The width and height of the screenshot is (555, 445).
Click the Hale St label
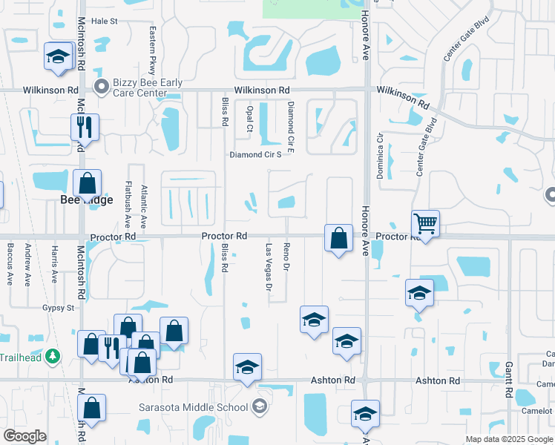coord(105,22)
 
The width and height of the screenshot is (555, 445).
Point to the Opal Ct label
coord(249,118)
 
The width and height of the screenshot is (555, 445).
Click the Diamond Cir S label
coord(255,155)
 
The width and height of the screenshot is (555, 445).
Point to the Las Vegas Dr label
coord(269,266)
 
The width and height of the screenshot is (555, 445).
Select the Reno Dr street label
coord(286,255)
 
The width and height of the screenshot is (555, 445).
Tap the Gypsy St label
coord(59,307)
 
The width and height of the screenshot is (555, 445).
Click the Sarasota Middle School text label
coord(194,407)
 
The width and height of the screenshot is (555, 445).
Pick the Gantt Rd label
coord(510,379)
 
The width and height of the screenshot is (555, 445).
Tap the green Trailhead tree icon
coord(52,357)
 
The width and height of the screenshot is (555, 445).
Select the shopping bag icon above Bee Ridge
coord(87,182)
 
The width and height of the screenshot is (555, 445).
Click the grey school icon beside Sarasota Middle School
coord(259,406)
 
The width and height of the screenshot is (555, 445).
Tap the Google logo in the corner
coord(24,436)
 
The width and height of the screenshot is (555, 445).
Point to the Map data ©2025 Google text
coord(509,439)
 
